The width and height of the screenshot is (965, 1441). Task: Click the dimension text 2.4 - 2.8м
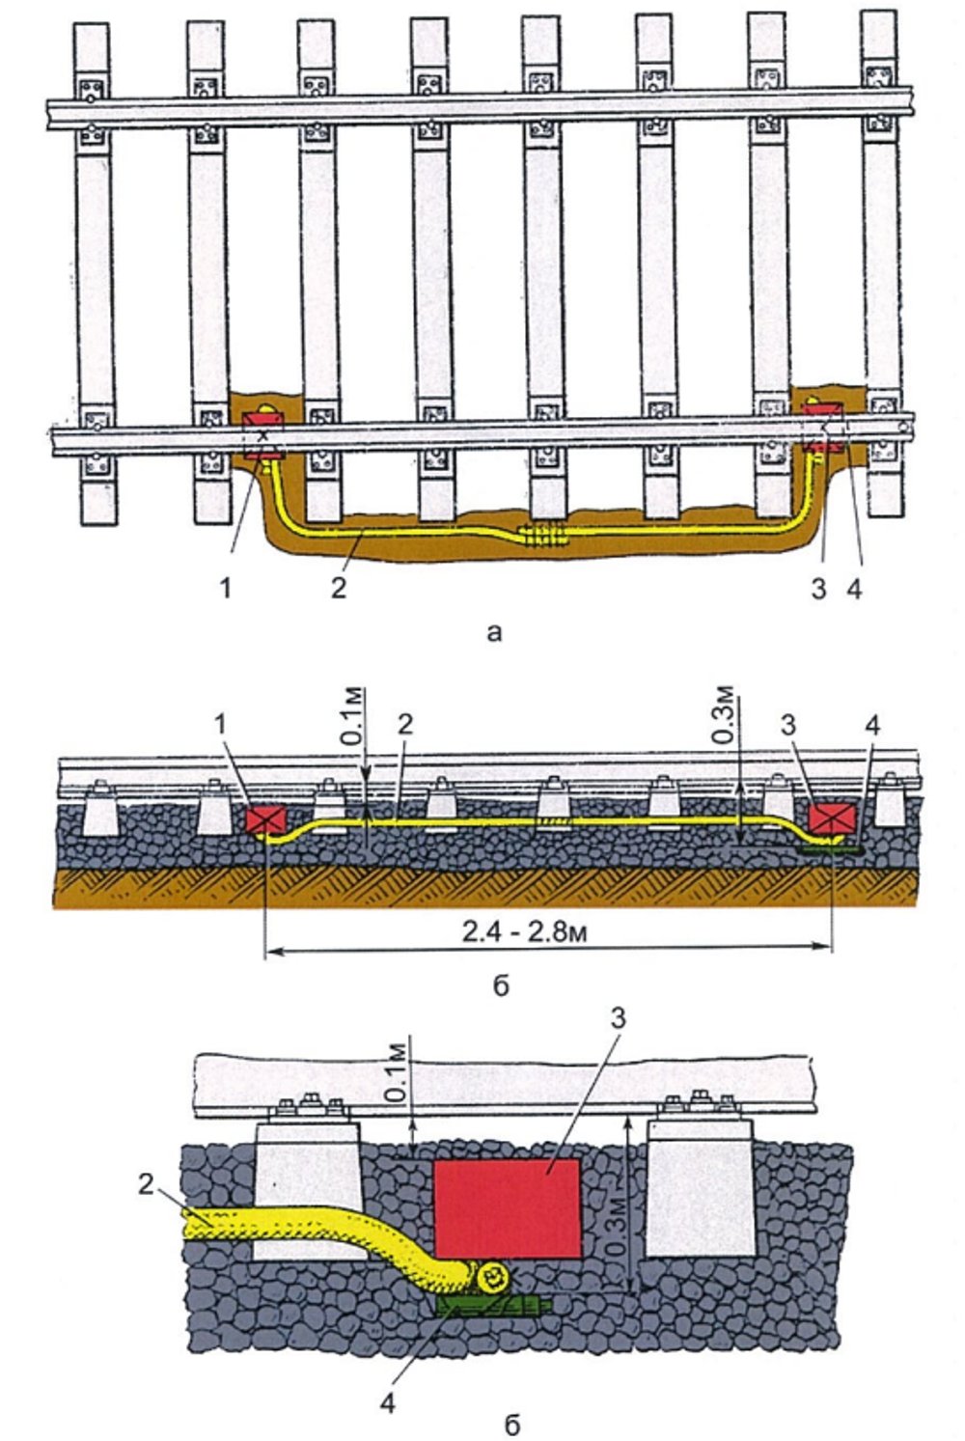tap(548, 932)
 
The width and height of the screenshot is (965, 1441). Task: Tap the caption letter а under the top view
tap(495, 633)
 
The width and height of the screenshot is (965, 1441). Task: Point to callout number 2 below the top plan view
tap(338, 588)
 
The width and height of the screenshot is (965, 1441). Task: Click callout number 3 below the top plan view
tap(818, 588)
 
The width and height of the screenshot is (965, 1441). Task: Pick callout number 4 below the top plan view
tap(853, 588)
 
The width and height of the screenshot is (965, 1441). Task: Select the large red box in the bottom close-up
tap(506, 1207)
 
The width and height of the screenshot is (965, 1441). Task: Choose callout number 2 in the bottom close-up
tap(146, 1185)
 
